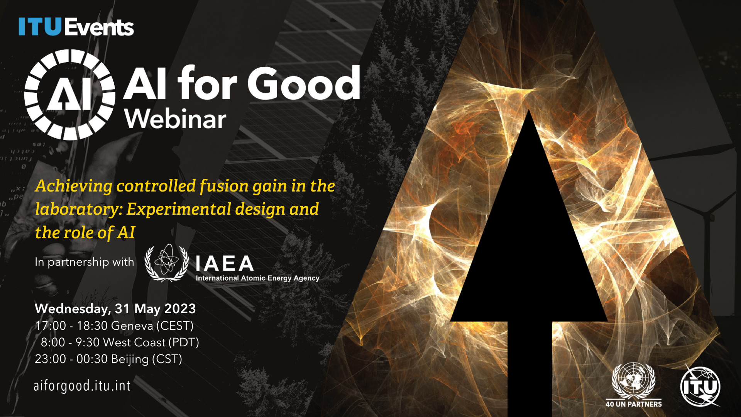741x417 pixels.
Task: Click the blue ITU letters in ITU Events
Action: pyautogui.click(x=40, y=27)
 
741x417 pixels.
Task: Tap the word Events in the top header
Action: pyautogui.click(x=99, y=27)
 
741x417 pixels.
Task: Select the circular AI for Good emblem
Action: pyautogui.click(x=70, y=95)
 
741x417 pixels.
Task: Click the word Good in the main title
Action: pyautogui.click(x=304, y=83)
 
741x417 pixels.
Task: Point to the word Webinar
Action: pyautogui.click(x=175, y=119)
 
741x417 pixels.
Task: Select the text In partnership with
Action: pyautogui.click(x=85, y=262)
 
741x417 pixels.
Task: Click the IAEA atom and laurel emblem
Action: pyautogui.click(x=167, y=263)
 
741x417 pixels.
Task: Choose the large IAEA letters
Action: pyautogui.click(x=225, y=264)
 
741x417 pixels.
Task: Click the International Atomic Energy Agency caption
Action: pyautogui.click(x=257, y=278)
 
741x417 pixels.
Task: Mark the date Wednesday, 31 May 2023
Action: pyautogui.click(x=115, y=309)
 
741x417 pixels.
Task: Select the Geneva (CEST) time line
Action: pyautogui.click(x=114, y=326)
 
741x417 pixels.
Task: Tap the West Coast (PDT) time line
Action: pyautogui.click(x=120, y=342)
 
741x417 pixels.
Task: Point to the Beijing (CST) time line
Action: pyautogui.click(x=108, y=359)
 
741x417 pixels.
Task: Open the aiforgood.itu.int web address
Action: pyautogui.click(x=82, y=386)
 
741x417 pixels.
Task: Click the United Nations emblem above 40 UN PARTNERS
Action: pyautogui.click(x=633, y=381)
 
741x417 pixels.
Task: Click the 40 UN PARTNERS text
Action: pyautogui.click(x=634, y=404)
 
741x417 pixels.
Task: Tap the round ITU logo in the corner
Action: pyautogui.click(x=700, y=386)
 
